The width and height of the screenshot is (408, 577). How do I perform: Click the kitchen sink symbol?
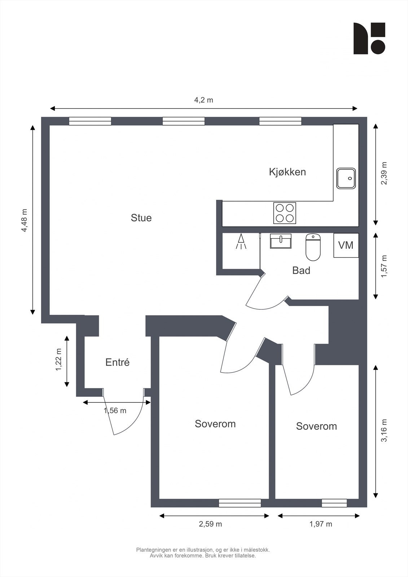tap(346, 178)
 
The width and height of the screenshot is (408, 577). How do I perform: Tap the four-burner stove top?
tap(285, 213)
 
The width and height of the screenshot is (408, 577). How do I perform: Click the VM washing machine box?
tap(346, 245)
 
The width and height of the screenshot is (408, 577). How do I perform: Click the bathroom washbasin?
tap(281, 241)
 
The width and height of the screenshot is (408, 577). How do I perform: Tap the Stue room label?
tap(141, 218)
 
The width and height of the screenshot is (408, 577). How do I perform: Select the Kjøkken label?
tap(287, 172)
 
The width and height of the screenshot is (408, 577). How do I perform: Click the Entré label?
tap(117, 362)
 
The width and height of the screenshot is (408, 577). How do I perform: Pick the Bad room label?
tap(301, 270)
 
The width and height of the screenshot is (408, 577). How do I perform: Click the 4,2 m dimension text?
tap(203, 100)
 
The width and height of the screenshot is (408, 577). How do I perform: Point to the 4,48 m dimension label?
tap(24, 220)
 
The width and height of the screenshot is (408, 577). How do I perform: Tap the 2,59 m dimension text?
tap(210, 524)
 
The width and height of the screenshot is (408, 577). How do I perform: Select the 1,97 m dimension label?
tap(320, 524)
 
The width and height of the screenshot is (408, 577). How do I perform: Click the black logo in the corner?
tap(369, 39)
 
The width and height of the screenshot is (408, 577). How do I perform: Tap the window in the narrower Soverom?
tap(334, 503)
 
